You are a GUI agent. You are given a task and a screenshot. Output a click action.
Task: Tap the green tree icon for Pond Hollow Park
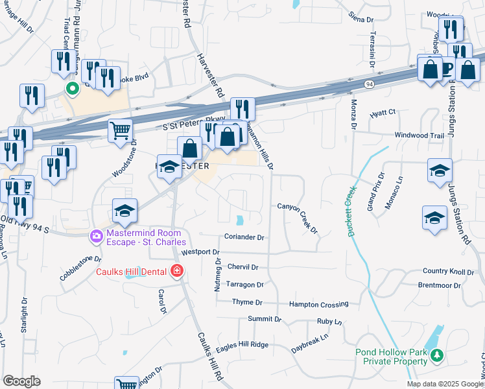tap(437, 355)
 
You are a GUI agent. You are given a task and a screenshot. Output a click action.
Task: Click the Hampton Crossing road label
tap(318, 304)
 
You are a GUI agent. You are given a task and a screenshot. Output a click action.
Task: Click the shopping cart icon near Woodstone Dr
tap(121, 130)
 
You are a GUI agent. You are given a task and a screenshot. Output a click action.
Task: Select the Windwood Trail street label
tap(420, 136)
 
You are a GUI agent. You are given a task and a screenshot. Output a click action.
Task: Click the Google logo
tap(21, 381)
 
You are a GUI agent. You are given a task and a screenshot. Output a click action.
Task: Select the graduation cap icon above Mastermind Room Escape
tap(125, 210)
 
